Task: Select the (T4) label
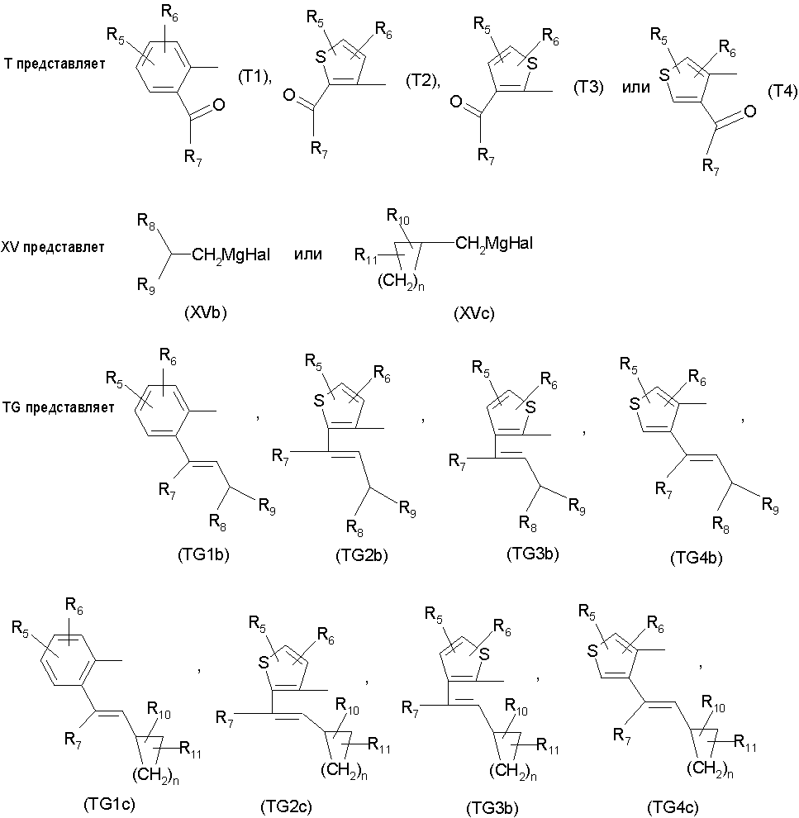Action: point(782,91)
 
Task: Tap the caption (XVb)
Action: point(206,312)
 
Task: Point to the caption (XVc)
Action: point(474,313)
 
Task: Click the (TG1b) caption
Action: point(203,554)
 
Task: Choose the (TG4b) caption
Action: point(697,558)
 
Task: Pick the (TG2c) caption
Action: point(287,806)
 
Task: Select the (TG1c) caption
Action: point(109,804)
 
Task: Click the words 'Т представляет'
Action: point(55,64)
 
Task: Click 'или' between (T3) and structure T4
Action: point(635,87)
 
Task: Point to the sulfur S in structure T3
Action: point(532,64)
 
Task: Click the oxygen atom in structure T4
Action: point(750,111)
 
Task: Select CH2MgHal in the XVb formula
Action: point(231,255)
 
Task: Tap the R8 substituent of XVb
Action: point(146,221)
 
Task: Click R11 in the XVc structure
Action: point(365,255)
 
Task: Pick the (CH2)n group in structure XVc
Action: point(401,283)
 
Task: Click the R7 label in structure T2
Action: point(319,150)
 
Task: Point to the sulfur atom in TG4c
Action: point(592,651)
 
